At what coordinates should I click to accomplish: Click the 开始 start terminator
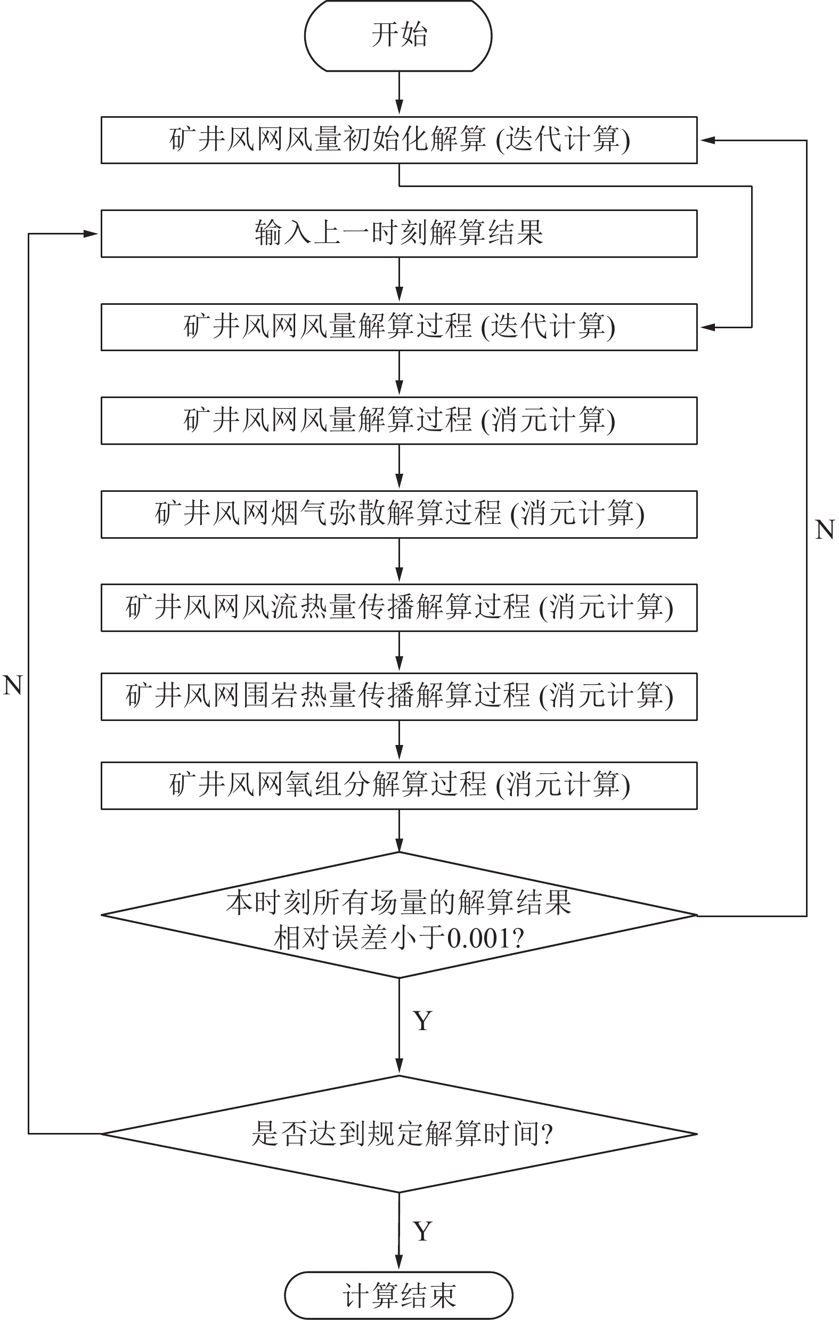click(x=398, y=36)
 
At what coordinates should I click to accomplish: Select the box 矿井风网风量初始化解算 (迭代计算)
click(x=399, y=140)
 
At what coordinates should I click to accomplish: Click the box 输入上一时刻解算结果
click(x=399, y=233)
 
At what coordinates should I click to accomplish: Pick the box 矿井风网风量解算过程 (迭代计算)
click(x=399, y=327)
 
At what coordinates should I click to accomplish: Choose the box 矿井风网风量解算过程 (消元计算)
click(x=399, y=420)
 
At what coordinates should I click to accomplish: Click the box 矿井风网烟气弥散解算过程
click(x=399, y=514)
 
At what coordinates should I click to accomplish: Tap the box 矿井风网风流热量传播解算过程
click(x=399, y=608)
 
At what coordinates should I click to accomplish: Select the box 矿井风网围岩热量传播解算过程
click(x=399, y=696)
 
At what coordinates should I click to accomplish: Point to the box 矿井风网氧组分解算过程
click(x=399, y=785)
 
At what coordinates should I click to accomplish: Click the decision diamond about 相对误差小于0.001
click(x=399, y=915)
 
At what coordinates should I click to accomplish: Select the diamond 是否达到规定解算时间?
click(x=399, y=1133)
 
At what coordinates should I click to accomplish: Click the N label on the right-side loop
click(x=824, y=530)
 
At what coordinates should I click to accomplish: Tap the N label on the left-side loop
click(x=13, y=685)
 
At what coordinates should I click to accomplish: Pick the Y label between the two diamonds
click(x=422, y=1021)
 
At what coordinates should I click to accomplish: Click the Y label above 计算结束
click(x=422, y=1231)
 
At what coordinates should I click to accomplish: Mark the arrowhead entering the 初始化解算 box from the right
click(x=707, y=140)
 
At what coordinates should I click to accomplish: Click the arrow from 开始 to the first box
click(x=399, y=93)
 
